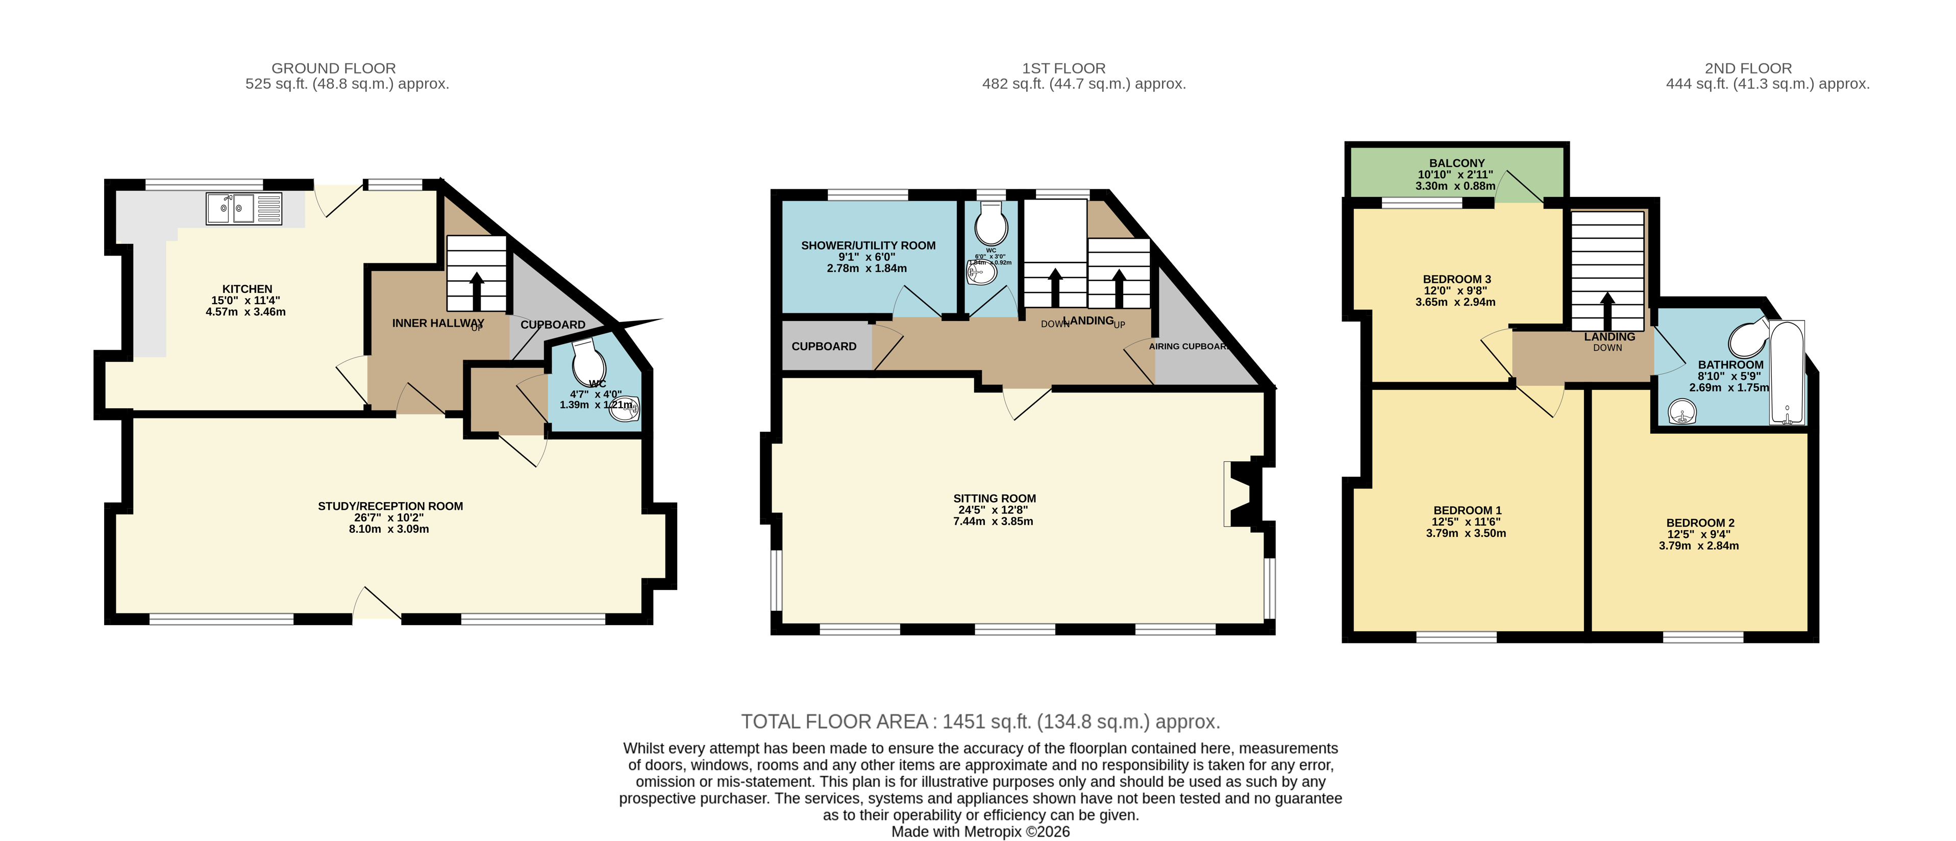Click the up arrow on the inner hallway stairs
point(477,289)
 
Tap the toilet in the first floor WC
point(991,224)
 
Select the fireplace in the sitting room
point(1242,493)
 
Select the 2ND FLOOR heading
point(1748,68)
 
